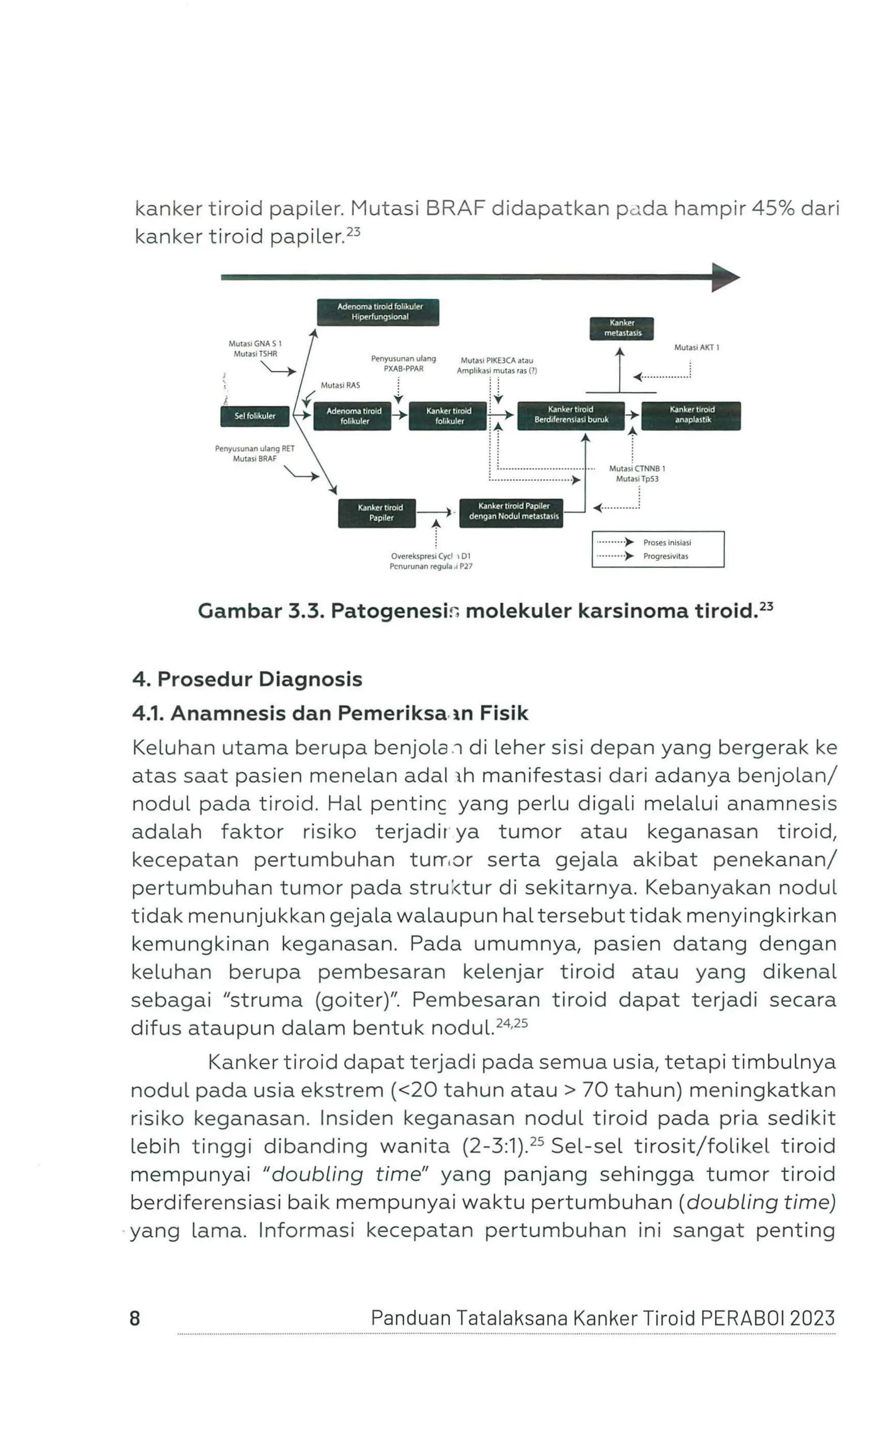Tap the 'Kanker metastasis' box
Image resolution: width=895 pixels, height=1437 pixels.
click(621, 328)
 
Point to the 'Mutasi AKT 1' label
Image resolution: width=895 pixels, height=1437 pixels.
click(696, 348)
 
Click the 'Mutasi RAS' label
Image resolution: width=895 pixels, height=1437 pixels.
click(340, 385)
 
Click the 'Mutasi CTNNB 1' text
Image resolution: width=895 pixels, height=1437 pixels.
click(637, 468)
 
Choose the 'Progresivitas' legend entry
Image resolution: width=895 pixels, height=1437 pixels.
click(665, 556)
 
